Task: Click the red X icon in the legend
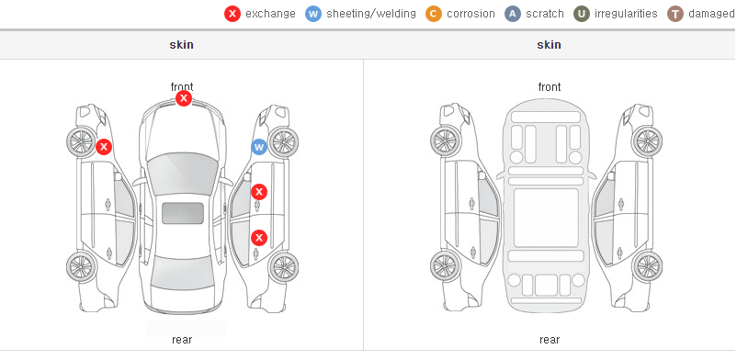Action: coord(232,14)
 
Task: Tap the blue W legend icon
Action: coord(313,14)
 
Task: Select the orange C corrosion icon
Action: coord(434,14)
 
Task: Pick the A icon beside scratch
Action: coord(513,14)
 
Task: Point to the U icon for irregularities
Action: coord(581,14)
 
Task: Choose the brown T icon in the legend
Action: coord(675,14)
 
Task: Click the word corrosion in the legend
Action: coord(471,14)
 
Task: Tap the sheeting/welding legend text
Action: coord(371,14)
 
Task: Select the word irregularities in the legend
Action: coord(626,14)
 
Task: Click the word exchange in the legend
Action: coord(270,14)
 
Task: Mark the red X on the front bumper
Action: coord(184,98)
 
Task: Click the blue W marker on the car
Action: coord(259,147)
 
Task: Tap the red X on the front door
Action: coord(259,192)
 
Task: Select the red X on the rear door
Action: coord(259,238)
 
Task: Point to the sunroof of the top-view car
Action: coord(183,213)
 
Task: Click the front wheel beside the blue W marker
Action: coord(283,141)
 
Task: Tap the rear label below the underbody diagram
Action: coord(550,340)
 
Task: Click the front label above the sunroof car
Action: coord(182,87)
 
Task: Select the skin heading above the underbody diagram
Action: coord(549,45)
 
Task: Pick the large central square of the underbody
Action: coord(546,218)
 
